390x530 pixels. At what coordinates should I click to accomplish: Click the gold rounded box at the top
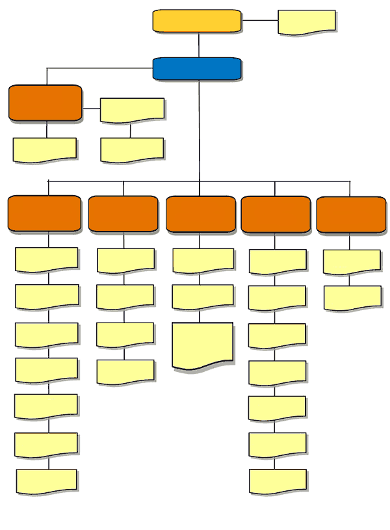197,21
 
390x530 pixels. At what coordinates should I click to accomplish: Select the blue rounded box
197,69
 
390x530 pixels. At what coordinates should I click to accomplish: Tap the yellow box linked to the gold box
307,21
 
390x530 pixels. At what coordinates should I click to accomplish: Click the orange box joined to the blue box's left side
45,103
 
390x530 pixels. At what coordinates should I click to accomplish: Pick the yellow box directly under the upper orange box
44,150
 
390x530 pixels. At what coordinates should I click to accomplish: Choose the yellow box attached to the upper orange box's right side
132,110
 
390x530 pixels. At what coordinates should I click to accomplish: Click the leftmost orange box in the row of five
44,213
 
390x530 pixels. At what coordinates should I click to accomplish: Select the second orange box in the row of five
123,213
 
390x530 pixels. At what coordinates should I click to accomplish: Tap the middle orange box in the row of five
201,214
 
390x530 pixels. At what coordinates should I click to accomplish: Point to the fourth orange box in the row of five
276,214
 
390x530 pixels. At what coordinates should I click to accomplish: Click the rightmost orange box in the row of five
351,214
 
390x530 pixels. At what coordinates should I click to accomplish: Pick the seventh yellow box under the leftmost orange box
47,481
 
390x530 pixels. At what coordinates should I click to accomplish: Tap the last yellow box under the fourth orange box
278,481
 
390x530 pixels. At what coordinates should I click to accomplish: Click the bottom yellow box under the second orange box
125,371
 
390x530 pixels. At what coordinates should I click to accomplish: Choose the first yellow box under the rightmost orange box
352,261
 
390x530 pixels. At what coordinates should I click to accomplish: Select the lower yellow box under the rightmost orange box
352,298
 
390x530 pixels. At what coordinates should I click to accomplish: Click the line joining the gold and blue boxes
199,45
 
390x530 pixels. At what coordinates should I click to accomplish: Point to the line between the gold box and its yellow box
259,21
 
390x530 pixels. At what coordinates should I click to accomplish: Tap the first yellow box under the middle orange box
203,259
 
